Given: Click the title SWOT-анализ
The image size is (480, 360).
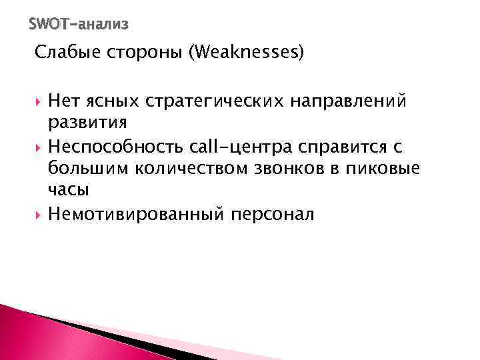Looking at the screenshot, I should click(x=79, y=25).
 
